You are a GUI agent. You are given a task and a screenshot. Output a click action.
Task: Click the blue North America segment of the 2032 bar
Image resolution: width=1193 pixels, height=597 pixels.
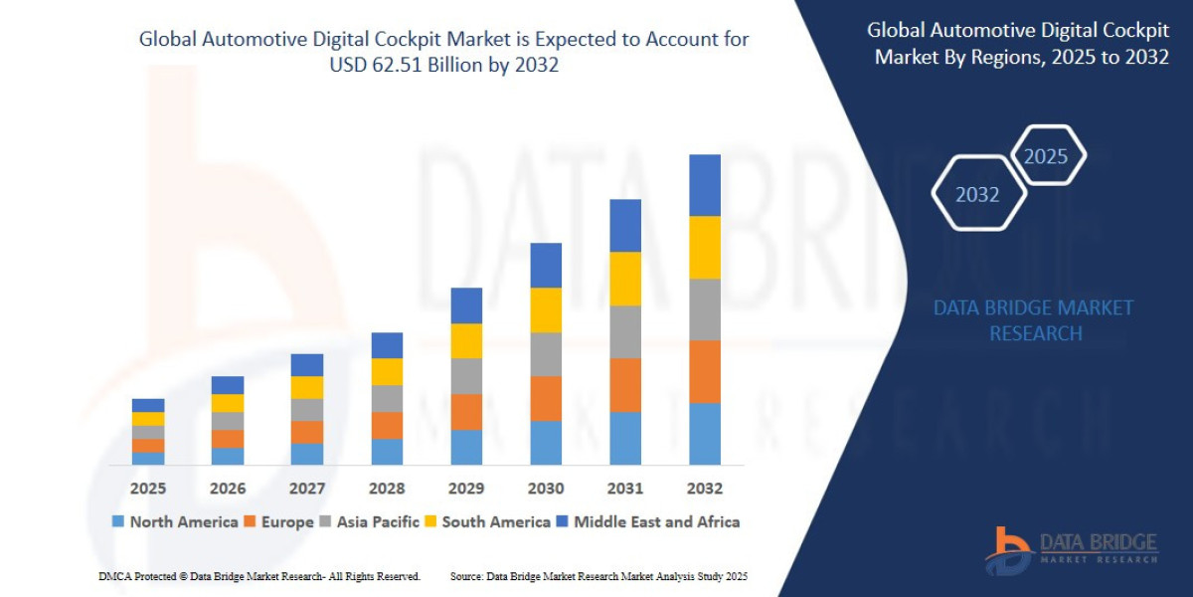[704, 433]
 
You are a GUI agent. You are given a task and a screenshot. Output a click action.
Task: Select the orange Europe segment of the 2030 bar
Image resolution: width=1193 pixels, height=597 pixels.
[545, 398]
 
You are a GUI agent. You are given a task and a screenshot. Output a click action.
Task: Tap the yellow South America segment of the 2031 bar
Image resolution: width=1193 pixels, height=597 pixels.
[624, 279]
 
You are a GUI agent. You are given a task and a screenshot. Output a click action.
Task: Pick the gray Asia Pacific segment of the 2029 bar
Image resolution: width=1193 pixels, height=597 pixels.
[465, 376]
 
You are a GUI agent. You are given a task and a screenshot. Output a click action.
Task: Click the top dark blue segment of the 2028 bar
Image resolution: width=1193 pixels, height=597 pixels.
[387, 345]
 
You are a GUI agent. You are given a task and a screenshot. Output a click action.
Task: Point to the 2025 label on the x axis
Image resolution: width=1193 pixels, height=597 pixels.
[147, 489]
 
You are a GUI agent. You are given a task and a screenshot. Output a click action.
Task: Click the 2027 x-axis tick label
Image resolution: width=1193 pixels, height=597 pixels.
[306, 489]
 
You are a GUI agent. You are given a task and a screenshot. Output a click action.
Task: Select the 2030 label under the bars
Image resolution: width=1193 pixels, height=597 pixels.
[545, 489]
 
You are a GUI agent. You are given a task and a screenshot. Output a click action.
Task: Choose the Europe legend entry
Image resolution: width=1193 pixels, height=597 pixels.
[279, 521]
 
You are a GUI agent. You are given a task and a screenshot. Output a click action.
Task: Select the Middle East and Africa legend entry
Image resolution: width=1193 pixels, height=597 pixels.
[647, 521]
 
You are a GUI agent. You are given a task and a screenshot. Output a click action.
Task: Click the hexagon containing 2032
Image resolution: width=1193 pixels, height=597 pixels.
[978, 194]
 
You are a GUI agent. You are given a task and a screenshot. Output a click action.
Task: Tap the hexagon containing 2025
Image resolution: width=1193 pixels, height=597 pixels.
[1046, 156]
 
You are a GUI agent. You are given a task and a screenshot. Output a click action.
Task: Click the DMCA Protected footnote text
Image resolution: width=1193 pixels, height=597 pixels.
[259, 576]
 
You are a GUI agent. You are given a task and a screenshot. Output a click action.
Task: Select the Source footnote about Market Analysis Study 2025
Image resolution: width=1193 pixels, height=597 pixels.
[598, 576]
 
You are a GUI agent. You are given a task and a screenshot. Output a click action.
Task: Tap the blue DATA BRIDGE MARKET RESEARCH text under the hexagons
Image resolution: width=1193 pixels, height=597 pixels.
[1034, 320]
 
